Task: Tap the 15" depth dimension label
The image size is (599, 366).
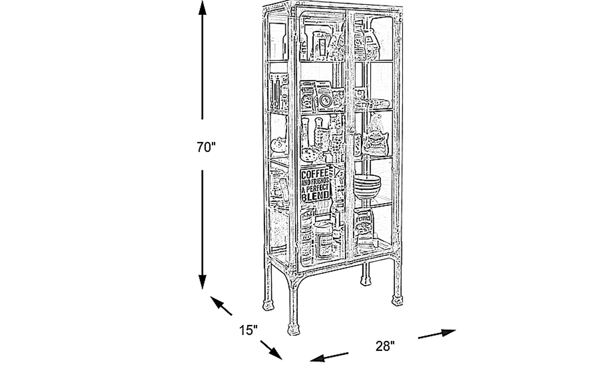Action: pyautogui.click(x=248, y=331)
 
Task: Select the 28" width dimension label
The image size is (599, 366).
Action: pyautogui.click(x=385, y=346)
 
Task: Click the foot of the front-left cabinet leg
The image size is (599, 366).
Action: pyautogui.click(x=295, y=329)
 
